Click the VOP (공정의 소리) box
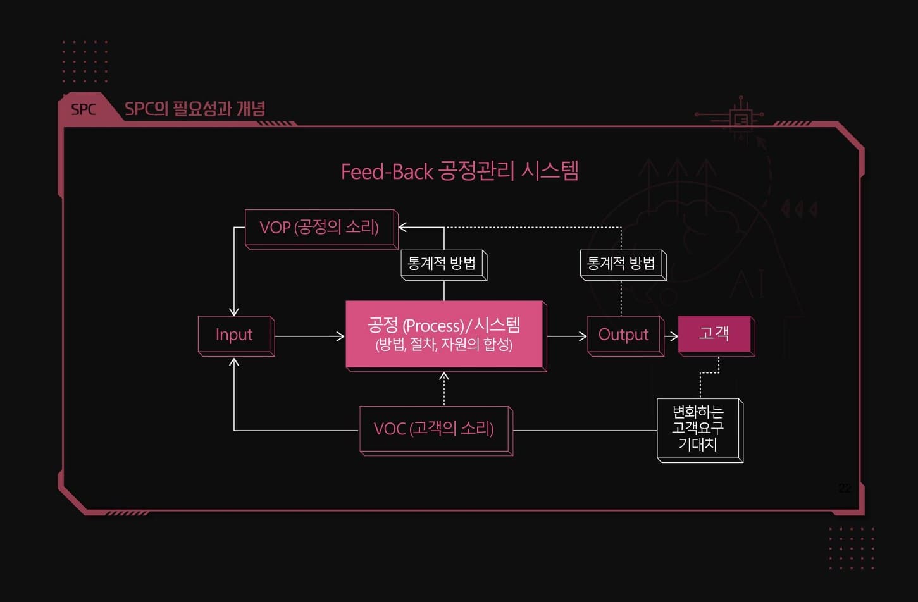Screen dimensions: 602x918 (319, 228)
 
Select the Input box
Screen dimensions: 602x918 (235, 335)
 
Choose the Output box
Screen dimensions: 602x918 (624, 335)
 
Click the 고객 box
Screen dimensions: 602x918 (714, 334)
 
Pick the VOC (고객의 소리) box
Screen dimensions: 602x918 (434, 429)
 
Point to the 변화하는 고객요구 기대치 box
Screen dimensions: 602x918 (698, 428)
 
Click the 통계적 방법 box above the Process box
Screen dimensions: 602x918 (442, 263)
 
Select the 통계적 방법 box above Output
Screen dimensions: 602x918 (621, 263)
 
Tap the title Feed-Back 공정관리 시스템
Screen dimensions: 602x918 (459, 171)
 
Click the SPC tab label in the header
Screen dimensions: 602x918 (84, 109)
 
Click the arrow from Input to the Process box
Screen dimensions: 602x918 (310, 336)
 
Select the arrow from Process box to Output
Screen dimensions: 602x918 (567, 336)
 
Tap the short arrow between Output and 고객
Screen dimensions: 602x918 (671, 336)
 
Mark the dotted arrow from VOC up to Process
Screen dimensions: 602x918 (444, 388)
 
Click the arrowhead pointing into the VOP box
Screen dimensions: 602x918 (403, 228)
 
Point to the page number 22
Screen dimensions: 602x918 (845, 488)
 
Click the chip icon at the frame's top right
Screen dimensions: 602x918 (741, 118)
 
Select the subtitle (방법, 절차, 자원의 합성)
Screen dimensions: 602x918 (444, 345)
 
